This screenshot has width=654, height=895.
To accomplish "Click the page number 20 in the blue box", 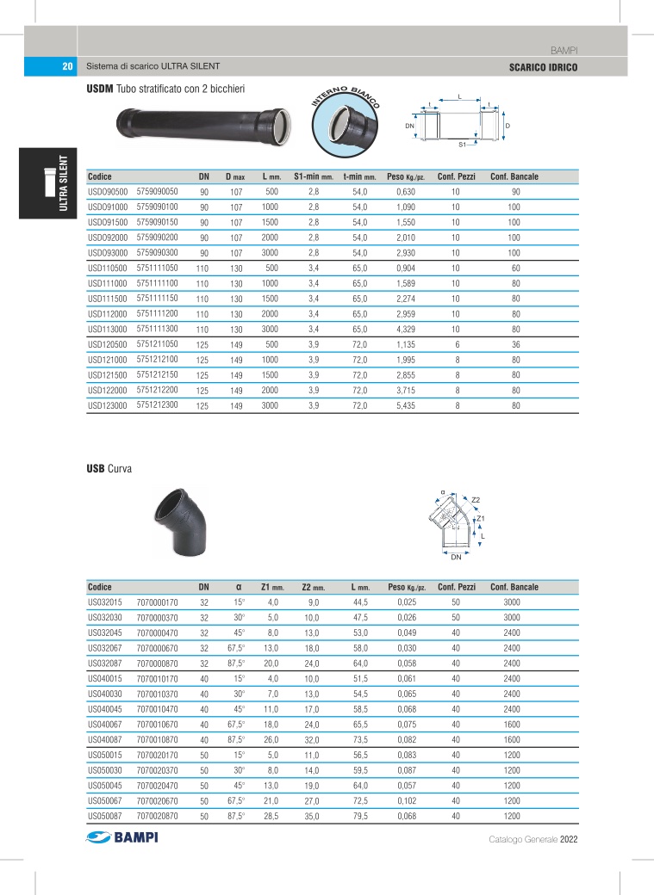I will point(66,66).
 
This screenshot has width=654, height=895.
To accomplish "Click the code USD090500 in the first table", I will point(108,191).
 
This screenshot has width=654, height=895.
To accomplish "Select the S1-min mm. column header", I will point(313,176).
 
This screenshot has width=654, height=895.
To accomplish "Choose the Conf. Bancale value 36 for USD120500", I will point(515,343).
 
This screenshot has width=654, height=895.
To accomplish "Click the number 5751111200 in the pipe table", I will point(158,312).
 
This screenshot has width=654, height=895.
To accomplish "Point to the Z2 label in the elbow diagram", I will point(476,500).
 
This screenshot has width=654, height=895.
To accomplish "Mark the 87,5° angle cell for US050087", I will point(235,815).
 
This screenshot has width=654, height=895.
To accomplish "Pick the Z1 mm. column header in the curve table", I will point(272,587).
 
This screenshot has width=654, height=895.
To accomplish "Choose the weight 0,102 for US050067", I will point(406,800).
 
